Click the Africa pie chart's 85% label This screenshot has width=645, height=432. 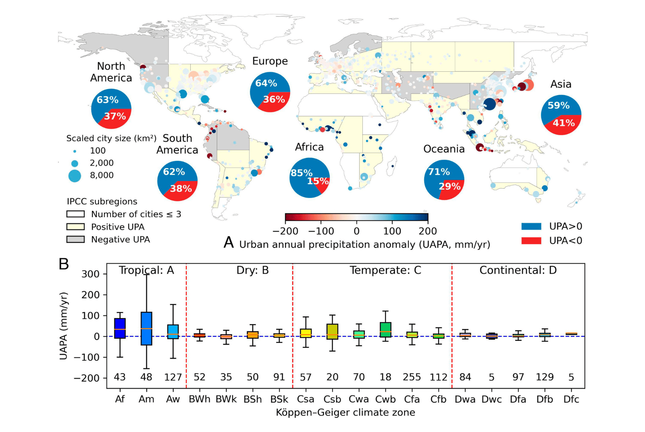coord(302,173)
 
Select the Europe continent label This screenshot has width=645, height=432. coord(270,61)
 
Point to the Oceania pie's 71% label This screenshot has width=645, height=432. coord(439,172)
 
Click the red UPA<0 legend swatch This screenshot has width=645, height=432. coord(531,241)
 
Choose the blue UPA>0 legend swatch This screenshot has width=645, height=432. coord(531,226)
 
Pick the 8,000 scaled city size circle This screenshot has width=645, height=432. coord(75,176)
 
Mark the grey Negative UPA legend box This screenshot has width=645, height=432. coord(75,239)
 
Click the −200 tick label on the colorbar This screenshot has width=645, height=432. coord(285,231)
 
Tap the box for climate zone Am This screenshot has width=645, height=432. coord(146,328)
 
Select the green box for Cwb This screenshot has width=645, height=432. coord(385,329)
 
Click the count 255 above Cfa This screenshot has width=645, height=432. coord(412,377)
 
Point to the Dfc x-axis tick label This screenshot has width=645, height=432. coord(571,399)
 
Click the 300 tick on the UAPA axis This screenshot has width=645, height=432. coord(91,274)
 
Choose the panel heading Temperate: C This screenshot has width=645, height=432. coord(385,270)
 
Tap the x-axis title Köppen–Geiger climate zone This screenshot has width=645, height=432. coord(345,413)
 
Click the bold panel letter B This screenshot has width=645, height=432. coord(64,264)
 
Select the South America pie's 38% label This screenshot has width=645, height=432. coord(181,189)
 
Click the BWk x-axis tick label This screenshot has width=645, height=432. coord(226,399)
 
